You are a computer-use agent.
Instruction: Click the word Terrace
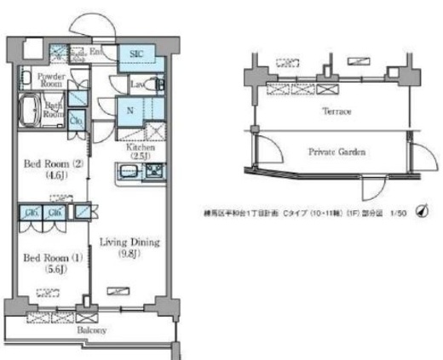[337, 111]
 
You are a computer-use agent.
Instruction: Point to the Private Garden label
[337, 151]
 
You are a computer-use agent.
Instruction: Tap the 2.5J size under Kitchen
[141, 156]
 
